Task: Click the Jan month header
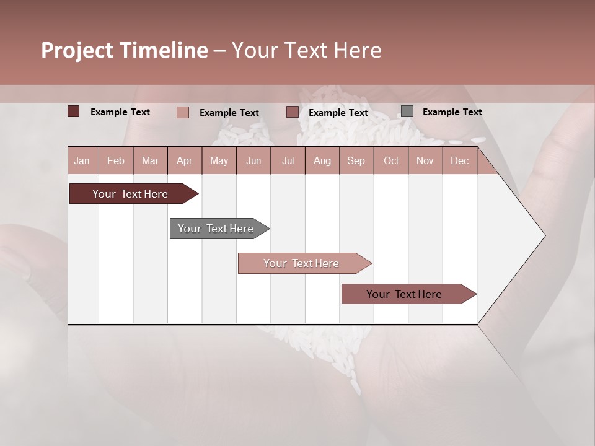point(82,160)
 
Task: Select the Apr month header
point(184,160)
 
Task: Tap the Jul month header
point(288,160)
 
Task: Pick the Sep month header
point(356,160)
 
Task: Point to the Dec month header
point(459,160)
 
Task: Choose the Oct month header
point(391,160)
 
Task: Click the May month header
point(219,160)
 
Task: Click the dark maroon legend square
point(73,111)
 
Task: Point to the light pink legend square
point(182,112)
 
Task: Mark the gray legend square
point(407,111)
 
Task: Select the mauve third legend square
point(293,112)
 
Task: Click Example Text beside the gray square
point(452,112)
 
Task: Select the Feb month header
point(116,160)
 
